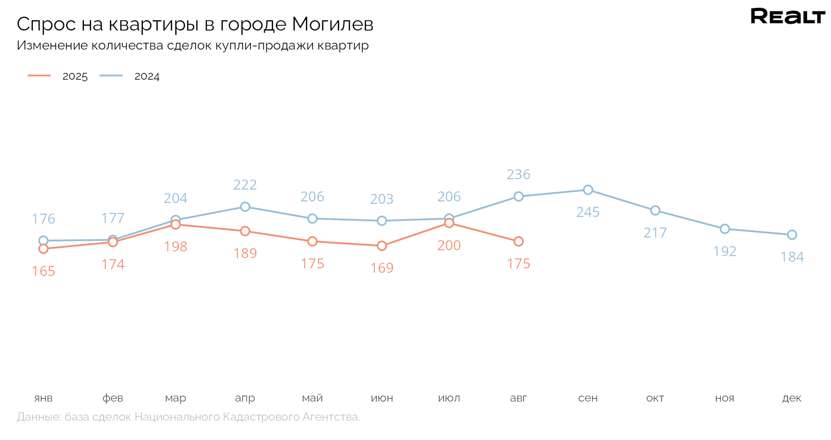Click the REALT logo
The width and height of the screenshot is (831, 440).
[788, 16]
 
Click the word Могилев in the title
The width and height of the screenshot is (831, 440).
[332, 24]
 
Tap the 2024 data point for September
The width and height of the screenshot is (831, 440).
[588, 190]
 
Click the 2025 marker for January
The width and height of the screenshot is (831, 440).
[43, 249]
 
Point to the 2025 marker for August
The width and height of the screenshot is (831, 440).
[518, 241]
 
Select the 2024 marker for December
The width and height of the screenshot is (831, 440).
[792, 235]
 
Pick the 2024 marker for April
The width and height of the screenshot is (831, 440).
[245, 207]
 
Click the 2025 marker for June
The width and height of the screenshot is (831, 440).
[382, 246]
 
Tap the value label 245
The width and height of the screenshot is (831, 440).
[588, 212]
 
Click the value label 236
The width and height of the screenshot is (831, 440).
[518, 174]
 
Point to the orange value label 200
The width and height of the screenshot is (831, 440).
[449, 245]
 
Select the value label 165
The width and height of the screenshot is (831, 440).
[43, 271]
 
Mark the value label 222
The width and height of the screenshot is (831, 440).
[245, 185]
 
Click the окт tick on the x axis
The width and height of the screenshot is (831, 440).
[655, 398]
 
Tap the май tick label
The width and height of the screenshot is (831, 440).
[312, 398]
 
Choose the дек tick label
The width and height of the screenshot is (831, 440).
[792, 398]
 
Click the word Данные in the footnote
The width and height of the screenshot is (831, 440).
[39, 417]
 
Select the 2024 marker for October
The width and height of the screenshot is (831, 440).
[655, 210]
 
